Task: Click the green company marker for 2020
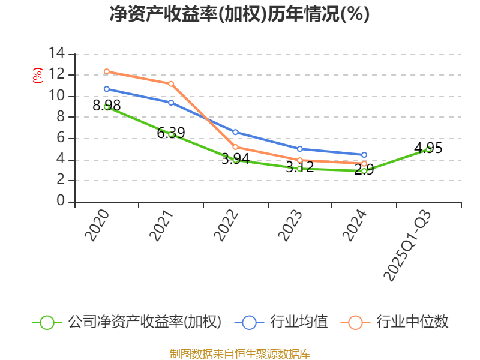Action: click(x=107, y=107)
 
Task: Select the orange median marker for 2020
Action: click(x=107, y=71)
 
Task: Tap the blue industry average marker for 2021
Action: click(x=171, y=103)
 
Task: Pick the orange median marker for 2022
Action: click(x=235, y=147)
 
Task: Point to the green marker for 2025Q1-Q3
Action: click(x=428, y=149)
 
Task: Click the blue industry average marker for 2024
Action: click(x=364, y=155)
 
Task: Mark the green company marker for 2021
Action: click(x=171, y=134)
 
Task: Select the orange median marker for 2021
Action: click(x=171, y=83)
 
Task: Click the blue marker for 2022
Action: click(x=235, y=132)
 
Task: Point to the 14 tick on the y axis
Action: click(x=57, y=53)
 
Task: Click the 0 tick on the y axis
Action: click(x=61, y=202)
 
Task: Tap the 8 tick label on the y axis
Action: click(x=61, y=117)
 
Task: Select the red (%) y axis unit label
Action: click(x=37, y=76)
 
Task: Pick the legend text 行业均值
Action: click(x=299, y=322)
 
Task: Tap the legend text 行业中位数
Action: click(x=412, y=322)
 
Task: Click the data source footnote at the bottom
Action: click(x=239, y=353)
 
